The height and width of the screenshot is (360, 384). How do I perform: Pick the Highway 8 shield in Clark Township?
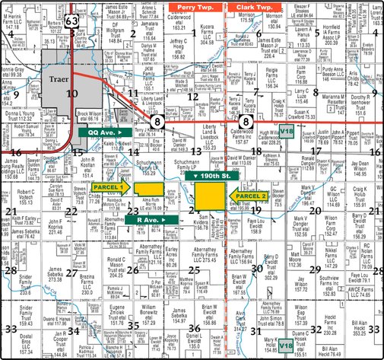(246, 120)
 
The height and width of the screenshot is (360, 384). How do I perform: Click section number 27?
(71, 272)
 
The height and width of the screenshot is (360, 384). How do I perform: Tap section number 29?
(315, 269)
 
